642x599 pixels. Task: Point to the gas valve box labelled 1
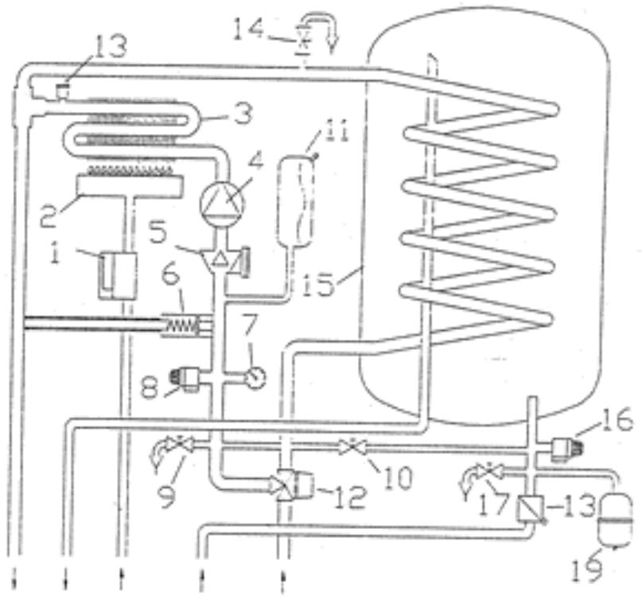pyautogui.click(x=116, y=274)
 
